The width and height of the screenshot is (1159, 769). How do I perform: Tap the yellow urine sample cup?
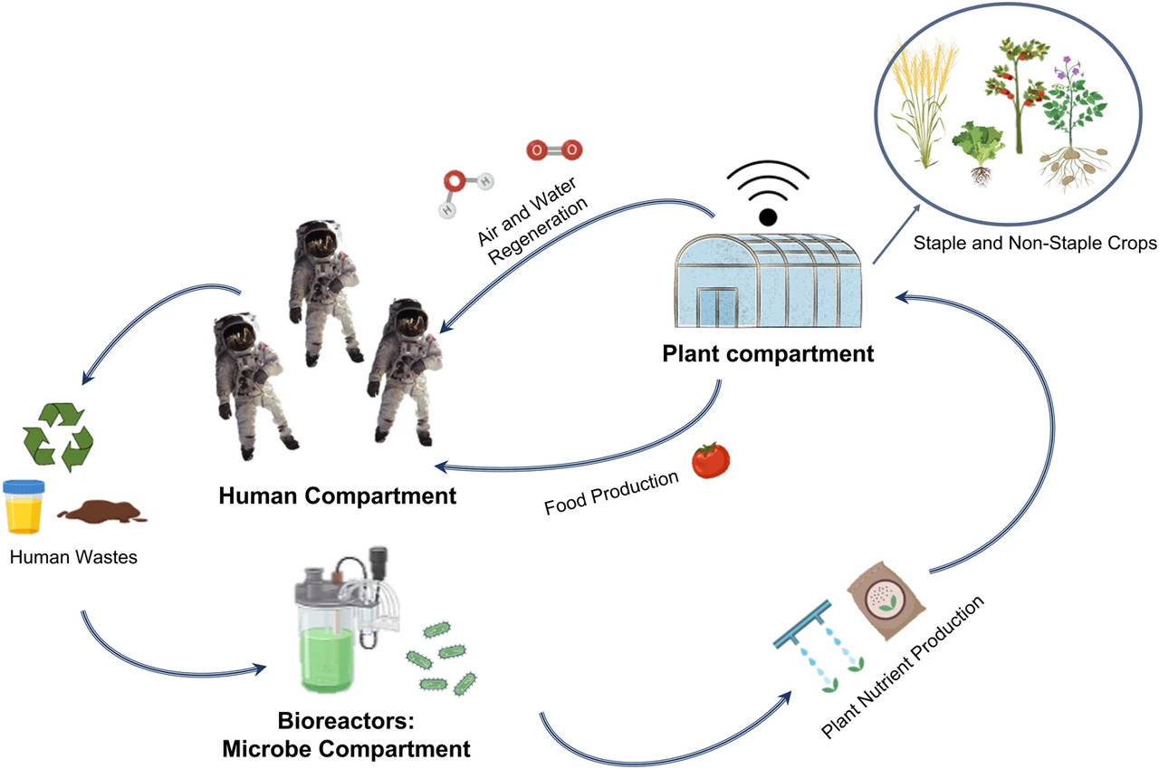click(x=24, y=508)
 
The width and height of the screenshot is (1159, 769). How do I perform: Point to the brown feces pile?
click(x=101, y=514)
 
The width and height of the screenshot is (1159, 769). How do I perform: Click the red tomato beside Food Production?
click(x=711, y=460)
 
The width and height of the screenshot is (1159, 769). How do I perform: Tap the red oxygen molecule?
click(x=554, y=149)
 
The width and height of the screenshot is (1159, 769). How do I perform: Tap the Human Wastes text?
click(x=74, y=557)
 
